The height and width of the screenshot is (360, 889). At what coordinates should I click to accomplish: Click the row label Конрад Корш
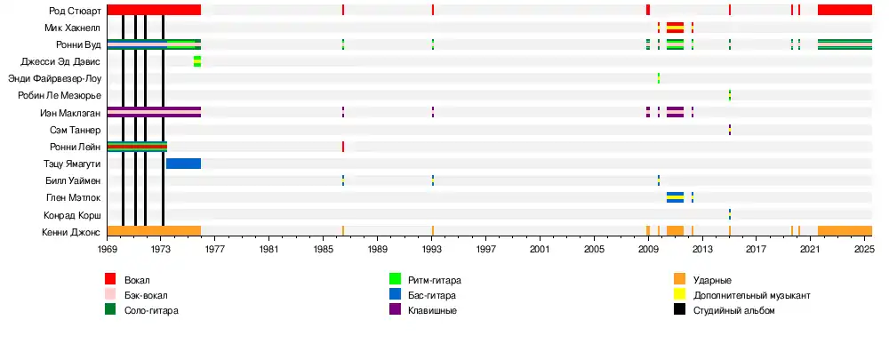coord(72,215)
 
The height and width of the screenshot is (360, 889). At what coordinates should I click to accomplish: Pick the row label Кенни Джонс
coord(71,232)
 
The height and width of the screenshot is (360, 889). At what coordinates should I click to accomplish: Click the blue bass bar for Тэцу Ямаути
coord(183,164)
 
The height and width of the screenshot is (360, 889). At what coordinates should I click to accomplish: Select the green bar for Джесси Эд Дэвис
coord(196,61)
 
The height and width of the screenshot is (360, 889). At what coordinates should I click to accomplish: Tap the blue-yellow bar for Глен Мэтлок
coord(675,197)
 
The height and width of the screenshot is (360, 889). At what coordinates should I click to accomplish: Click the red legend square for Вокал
coord(110,280)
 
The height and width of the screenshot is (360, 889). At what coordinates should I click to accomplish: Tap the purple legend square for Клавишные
coord(395,310)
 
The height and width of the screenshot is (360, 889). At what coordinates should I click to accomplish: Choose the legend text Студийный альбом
coord(734,310)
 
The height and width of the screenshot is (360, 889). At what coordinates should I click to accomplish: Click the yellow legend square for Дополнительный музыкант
coord(679,295)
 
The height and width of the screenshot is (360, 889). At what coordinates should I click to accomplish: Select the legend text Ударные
coord(712,280)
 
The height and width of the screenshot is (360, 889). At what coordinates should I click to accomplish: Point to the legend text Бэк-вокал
coord(145,295)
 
